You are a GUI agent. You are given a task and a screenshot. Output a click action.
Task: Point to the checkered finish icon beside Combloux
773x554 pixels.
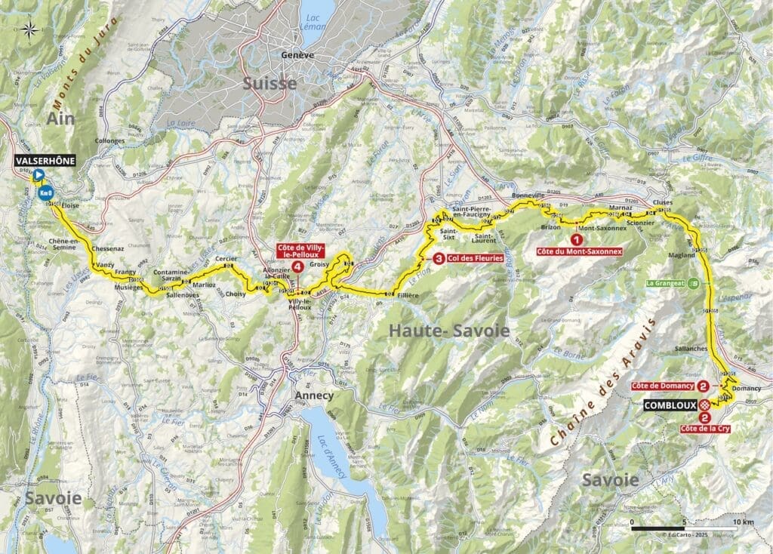[704, 405]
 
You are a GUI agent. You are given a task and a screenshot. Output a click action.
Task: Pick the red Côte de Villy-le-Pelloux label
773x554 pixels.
[299, 254]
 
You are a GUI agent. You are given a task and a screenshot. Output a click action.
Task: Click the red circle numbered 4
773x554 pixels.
[299, 267]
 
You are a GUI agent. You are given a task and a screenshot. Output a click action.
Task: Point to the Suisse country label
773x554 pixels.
[269, 84]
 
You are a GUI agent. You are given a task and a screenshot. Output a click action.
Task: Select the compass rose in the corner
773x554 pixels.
[29, 30]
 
